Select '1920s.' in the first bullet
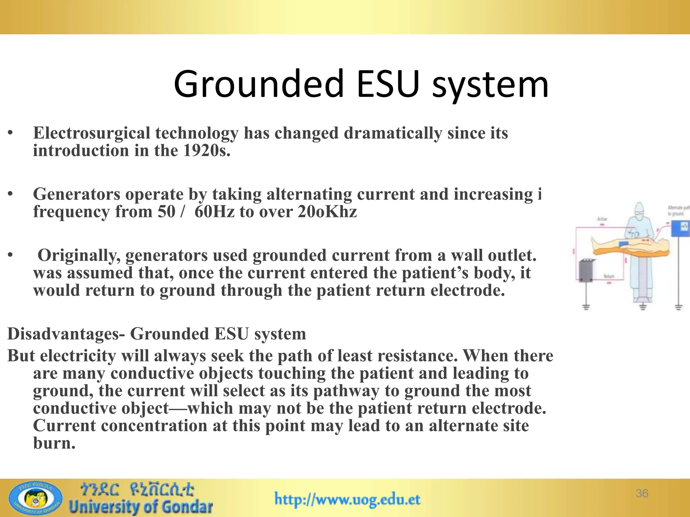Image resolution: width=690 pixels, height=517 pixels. click(x=207, y=150)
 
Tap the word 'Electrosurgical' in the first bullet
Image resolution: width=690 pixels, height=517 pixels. click(x=91, y=133)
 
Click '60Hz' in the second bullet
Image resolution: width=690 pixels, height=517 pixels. click(x=214, y=212)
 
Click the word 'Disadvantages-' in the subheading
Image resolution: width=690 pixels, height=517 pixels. click(x=66, y=334)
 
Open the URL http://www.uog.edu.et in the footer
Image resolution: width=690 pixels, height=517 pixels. click(x=347, y=499)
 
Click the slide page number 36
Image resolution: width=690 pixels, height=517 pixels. click(x=642, y=493)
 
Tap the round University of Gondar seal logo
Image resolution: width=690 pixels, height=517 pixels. click(x=35, y=498)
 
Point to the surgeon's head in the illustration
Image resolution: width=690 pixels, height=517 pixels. click(x=639, y=210)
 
